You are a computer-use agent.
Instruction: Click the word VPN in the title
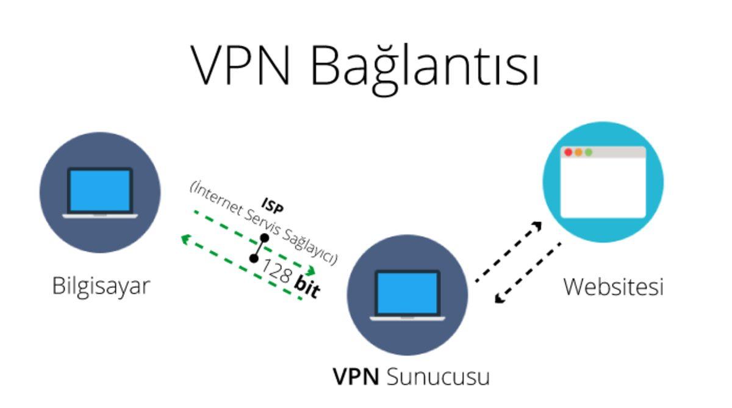[240, 65]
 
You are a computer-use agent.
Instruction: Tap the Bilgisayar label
[101, 286]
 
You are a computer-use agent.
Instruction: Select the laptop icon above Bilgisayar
[100, 192]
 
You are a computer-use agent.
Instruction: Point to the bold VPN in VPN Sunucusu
[356, 376]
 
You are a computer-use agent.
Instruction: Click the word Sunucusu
[438, 376]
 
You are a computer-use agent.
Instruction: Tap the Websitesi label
[612, 287]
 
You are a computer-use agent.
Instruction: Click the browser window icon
[603, 182]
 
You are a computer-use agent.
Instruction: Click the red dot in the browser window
[568, 152]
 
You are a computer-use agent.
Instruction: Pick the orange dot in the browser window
[578, 152]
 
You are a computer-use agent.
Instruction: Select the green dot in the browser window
[588, 152]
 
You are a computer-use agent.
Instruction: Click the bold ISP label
[273, 204]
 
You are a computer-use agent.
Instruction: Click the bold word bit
[306, 286]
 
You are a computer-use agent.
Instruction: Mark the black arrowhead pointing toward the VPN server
[500, 298]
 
